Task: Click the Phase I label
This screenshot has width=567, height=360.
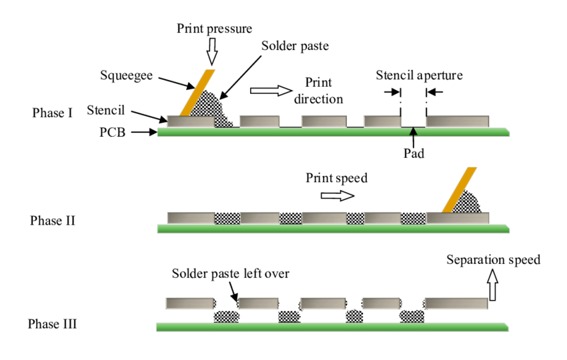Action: coord(52,113)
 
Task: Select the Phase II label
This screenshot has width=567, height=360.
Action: coord(52,221)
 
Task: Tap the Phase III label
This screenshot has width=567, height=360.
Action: coord(52,325)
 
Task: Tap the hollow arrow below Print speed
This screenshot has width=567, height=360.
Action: coord(337,195)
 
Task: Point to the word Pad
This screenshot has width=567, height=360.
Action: coord(414,151)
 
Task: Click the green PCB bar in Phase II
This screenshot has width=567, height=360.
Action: coord(334,229)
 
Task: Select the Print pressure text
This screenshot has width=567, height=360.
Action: coord(213,29)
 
